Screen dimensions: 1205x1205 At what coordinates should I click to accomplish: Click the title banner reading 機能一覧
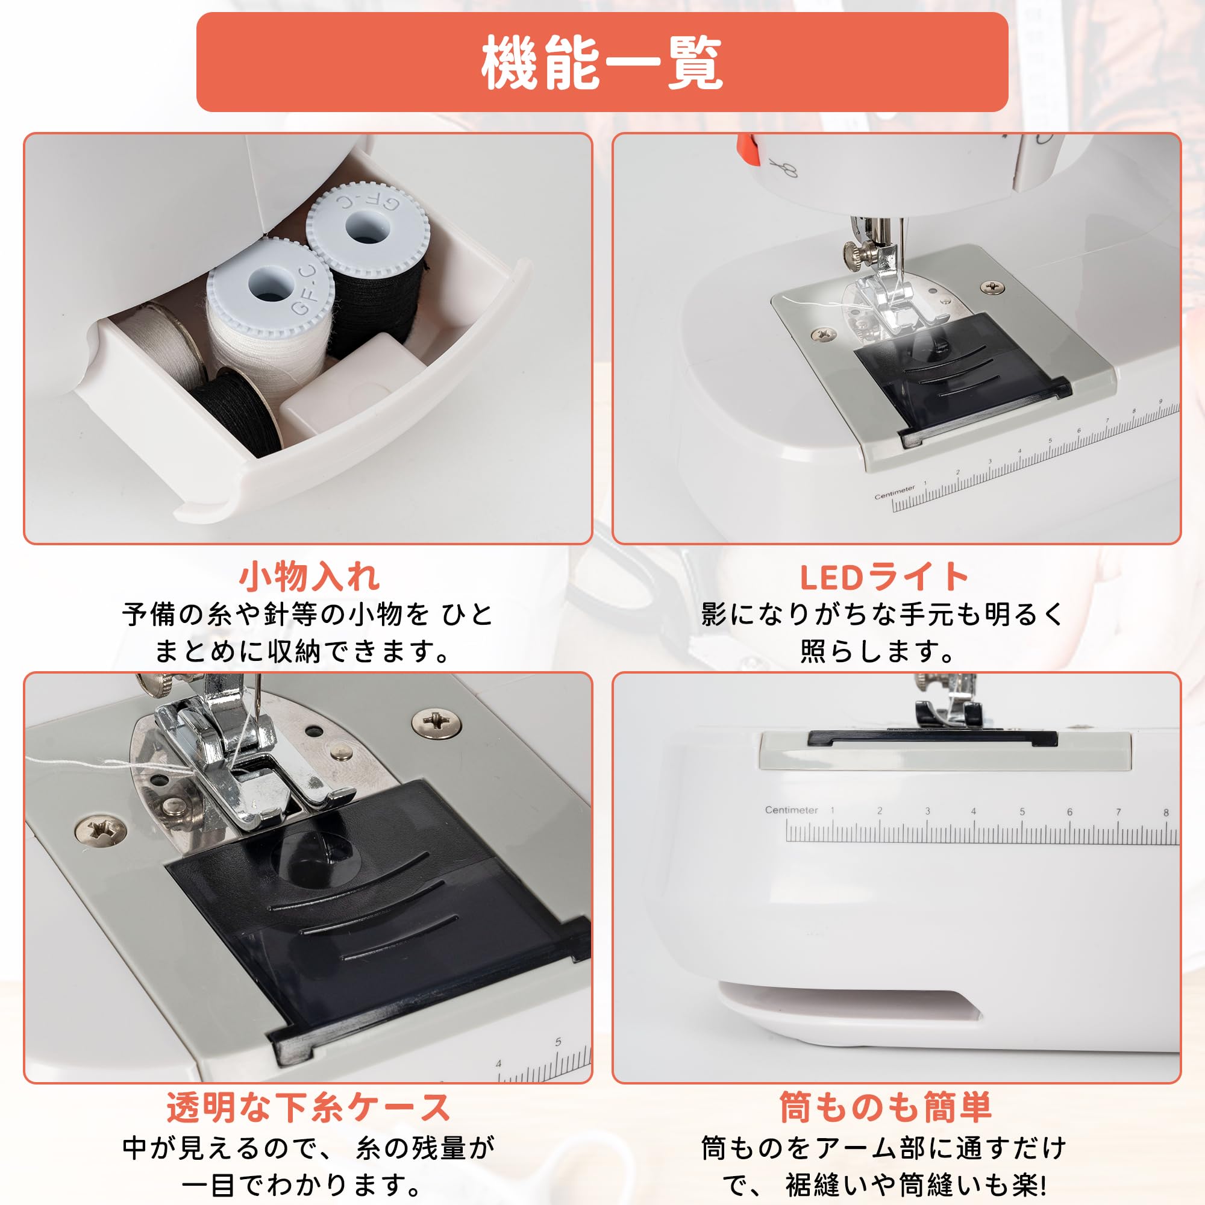point(602,63)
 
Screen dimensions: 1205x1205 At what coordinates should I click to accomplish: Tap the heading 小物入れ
point(308,577)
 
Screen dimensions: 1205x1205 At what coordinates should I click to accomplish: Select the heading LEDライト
point(884,577)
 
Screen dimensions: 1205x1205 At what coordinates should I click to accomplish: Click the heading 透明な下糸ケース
point(308,1108)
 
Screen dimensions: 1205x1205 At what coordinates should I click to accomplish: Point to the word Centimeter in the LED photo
point(894,492)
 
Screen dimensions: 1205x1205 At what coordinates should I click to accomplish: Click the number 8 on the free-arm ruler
point(1166,813)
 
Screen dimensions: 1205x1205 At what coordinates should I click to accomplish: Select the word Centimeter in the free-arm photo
point(791,810)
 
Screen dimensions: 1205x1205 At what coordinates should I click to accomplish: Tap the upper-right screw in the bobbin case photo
point(437,724)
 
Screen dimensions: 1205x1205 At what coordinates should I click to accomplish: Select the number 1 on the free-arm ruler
point(832,810)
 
